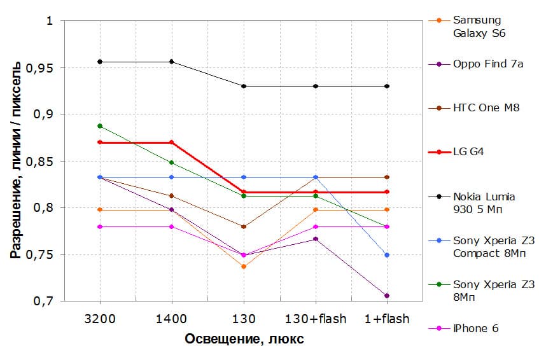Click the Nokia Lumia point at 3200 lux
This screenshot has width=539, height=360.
pyautogui.click(x=100, y=62)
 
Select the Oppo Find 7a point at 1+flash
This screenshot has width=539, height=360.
pyautogui.click(x=387, y=296)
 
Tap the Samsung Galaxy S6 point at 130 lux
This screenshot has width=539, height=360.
pyautogui.click(x=244, y=267)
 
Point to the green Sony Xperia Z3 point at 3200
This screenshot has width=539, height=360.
pyautogui.click(x=100, y=126)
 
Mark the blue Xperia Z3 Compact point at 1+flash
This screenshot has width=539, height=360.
pyautogui.click(x=387, y=255)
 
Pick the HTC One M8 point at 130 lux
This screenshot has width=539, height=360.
pyautogui.click(x=244, y=226)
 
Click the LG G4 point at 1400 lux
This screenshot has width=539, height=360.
pyautogui.click(x=172, y=142)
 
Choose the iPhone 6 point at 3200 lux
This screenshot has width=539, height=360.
pyautogui.click(x=100, y=226)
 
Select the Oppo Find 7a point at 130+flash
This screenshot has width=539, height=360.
pyautogui.click(x=316, y=239)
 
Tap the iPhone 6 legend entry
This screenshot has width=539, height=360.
pyautogui.click(x=475, y=329)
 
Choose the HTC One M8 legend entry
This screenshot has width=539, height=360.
pyautogui.click(x=486, y=107)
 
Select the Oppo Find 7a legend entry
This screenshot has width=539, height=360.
pyautogui.click(x=488, y=64)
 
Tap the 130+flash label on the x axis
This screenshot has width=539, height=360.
pyautogui.click(x=316, y=319)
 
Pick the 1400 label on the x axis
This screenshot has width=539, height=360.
pyautogui.click(x=172, y=319)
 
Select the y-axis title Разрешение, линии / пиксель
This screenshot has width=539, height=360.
pyautogui.click(x=15, y=161)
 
